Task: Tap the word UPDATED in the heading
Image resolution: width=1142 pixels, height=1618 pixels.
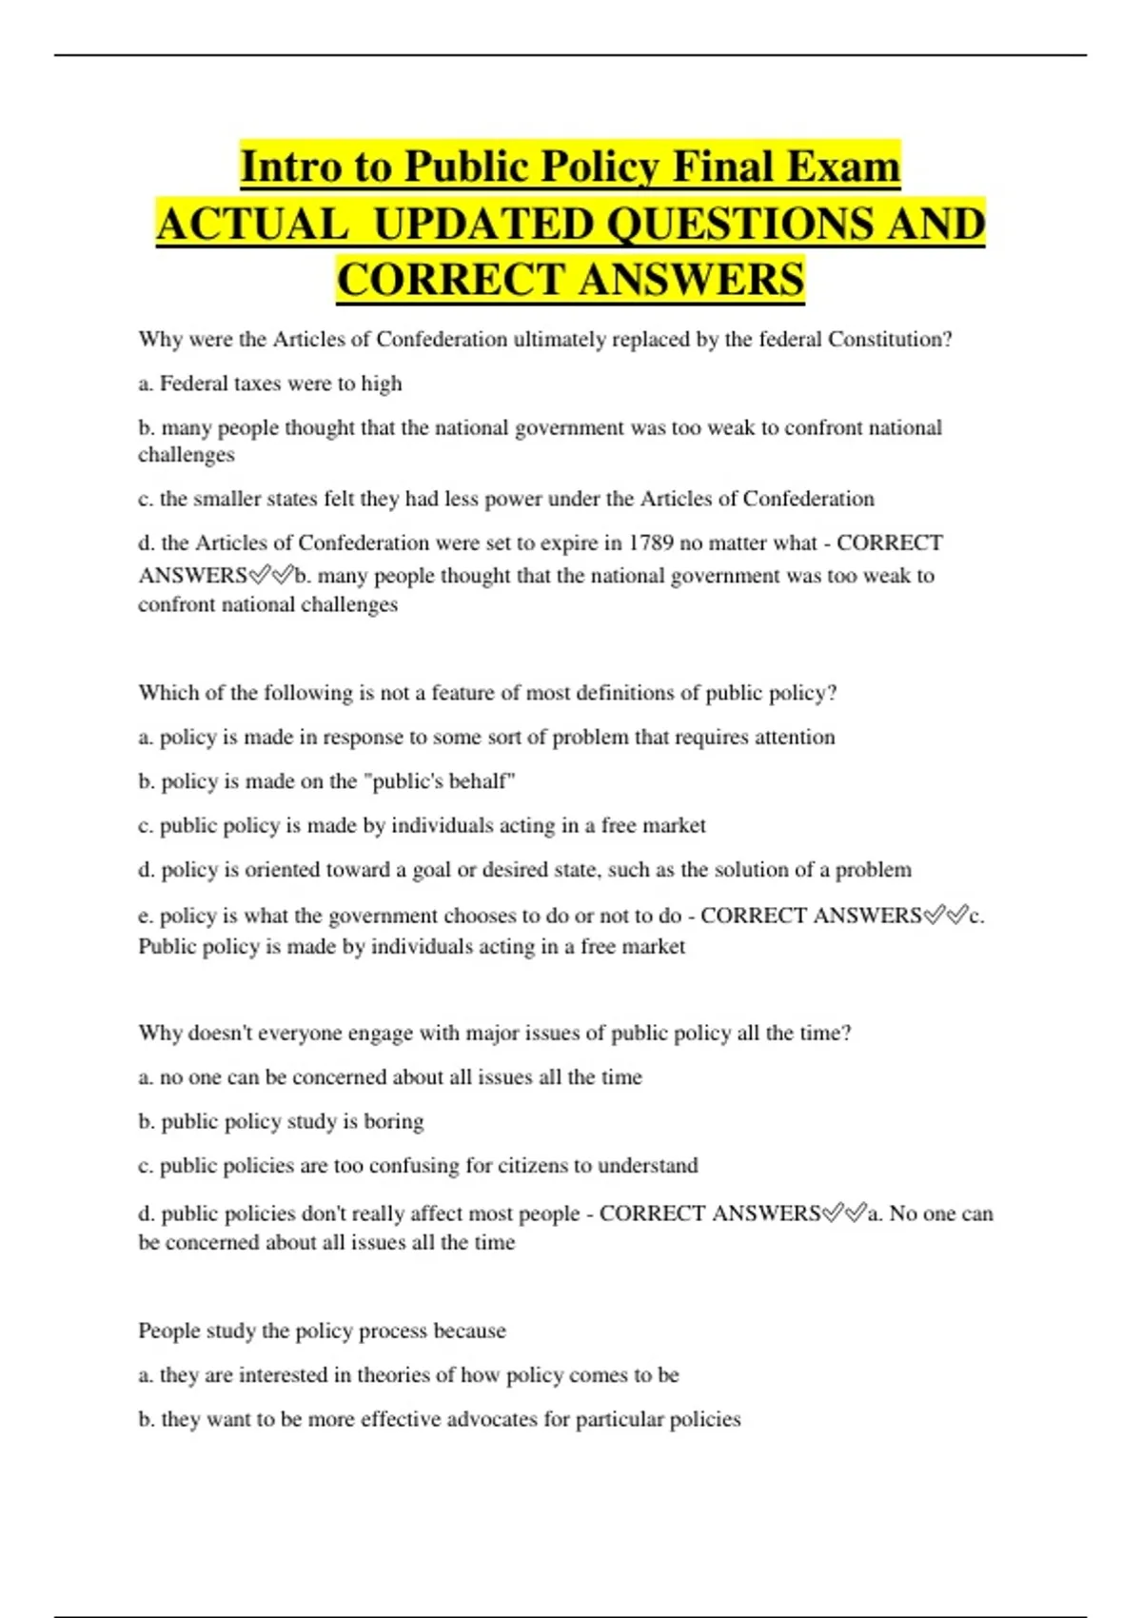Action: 482,225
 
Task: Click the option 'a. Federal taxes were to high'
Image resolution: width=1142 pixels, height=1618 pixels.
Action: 270,384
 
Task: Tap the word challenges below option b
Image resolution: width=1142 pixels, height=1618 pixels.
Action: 187,455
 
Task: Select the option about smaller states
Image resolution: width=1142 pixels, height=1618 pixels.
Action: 505,499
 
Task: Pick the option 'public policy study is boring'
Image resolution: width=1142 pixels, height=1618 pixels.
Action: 281,1121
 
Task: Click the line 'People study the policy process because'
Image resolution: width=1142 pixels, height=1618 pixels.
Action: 322,1331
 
